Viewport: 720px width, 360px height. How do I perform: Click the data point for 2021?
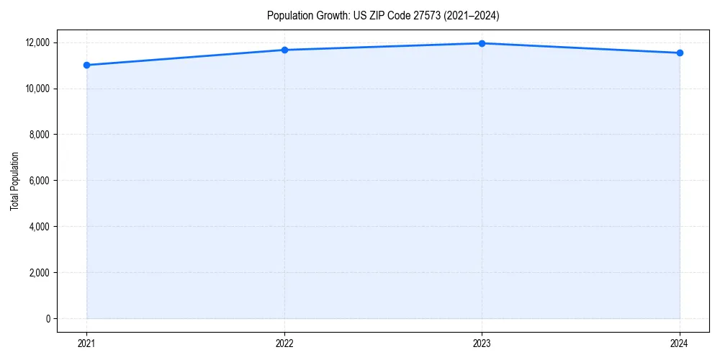coord(86,65)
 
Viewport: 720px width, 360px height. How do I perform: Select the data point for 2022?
coord(284,50)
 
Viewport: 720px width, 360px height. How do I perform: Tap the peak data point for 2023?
coord(482,43)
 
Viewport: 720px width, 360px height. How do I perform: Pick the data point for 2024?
coord(680,53)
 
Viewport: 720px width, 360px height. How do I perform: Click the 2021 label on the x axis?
coord(86,343)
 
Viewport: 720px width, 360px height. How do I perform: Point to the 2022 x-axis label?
coord(284,343)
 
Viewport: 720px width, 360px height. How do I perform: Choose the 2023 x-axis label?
coord(482,343)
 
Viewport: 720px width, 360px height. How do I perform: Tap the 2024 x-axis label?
coord(680,343)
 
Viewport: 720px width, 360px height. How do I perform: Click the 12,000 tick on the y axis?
coord(37,42)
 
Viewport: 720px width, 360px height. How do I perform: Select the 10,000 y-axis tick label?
coord(37,89)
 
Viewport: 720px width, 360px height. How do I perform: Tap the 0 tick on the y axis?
coord(48,319)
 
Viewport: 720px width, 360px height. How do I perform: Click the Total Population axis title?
coord(14,181)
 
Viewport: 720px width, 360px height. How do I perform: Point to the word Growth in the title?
coord(328,15)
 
